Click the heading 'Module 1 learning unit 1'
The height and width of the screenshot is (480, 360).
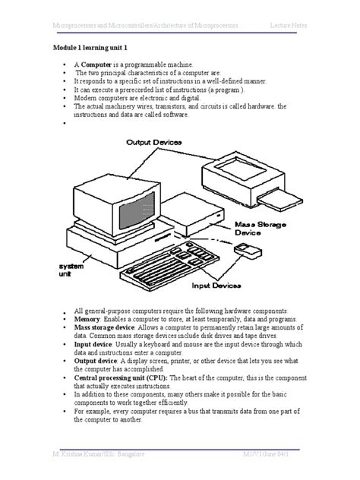pos(94,48)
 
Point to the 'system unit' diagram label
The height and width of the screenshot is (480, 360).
pos(72,271)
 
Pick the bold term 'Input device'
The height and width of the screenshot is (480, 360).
pos(95,344)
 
